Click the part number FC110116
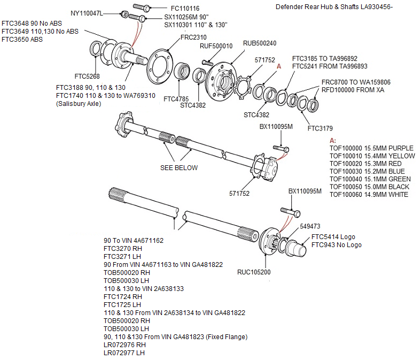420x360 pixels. coord(185,9)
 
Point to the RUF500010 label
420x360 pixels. coord(216,46)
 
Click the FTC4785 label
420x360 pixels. coord(175,99)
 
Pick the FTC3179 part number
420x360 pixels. coord(320,128)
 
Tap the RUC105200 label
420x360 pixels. coord(254,272)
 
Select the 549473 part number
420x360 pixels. coord(310,226)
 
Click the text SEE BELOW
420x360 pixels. coord(179,168)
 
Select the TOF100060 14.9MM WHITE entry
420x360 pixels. coord(369,195)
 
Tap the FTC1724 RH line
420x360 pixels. coord(123,296)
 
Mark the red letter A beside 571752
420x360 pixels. coord(278,67)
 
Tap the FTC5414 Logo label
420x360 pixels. coord(333,237)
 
